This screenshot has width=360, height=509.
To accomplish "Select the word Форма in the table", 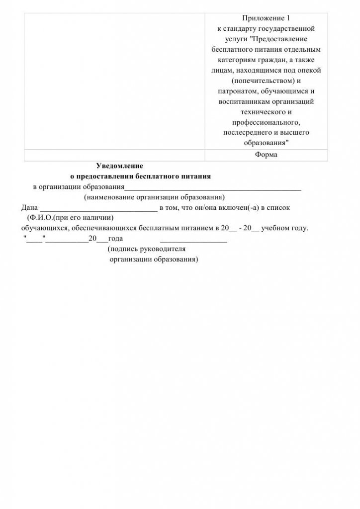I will (x=266, y=155).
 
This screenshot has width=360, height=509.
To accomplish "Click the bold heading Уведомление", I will (x=119, y=166).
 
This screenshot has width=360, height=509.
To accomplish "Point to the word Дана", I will (x=29, y=208).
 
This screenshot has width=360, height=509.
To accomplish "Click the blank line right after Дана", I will (x=98, y=209).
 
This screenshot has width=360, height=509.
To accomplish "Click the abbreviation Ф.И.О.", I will (x=43, y=218).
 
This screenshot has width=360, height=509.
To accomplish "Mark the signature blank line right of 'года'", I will (x=193, y=240).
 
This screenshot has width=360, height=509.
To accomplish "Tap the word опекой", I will (x=309, y=70).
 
